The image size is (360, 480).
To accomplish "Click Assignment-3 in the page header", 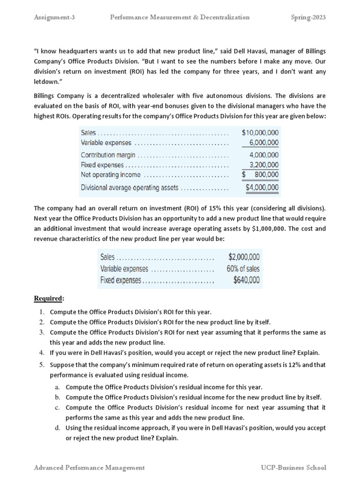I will [x=54, y=17].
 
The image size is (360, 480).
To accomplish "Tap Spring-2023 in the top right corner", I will [x=308, y=17].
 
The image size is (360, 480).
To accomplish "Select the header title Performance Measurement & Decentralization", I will [x=180, y=17].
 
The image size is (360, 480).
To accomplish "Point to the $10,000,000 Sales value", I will [x=260, y=133].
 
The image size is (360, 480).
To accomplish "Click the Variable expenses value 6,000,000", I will [x=263, y=142].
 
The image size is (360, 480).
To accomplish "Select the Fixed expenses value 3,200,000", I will [x=263, y=165].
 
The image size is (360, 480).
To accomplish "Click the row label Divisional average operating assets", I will [x=129, y=188].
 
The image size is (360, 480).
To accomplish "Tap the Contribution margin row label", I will [x=108, y=155].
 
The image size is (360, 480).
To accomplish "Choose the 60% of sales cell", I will [x=243, y=269].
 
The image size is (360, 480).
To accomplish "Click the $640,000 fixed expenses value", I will [x=246, y=280].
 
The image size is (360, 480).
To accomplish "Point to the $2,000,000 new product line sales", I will [x=244, y=257].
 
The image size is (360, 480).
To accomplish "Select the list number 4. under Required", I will [x=42, y=352].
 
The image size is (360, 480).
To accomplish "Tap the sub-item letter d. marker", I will [x=57, y=428].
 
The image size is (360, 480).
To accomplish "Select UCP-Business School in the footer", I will [x=293, y=467].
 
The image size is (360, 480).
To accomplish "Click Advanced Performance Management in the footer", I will [x=90, y=467].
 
